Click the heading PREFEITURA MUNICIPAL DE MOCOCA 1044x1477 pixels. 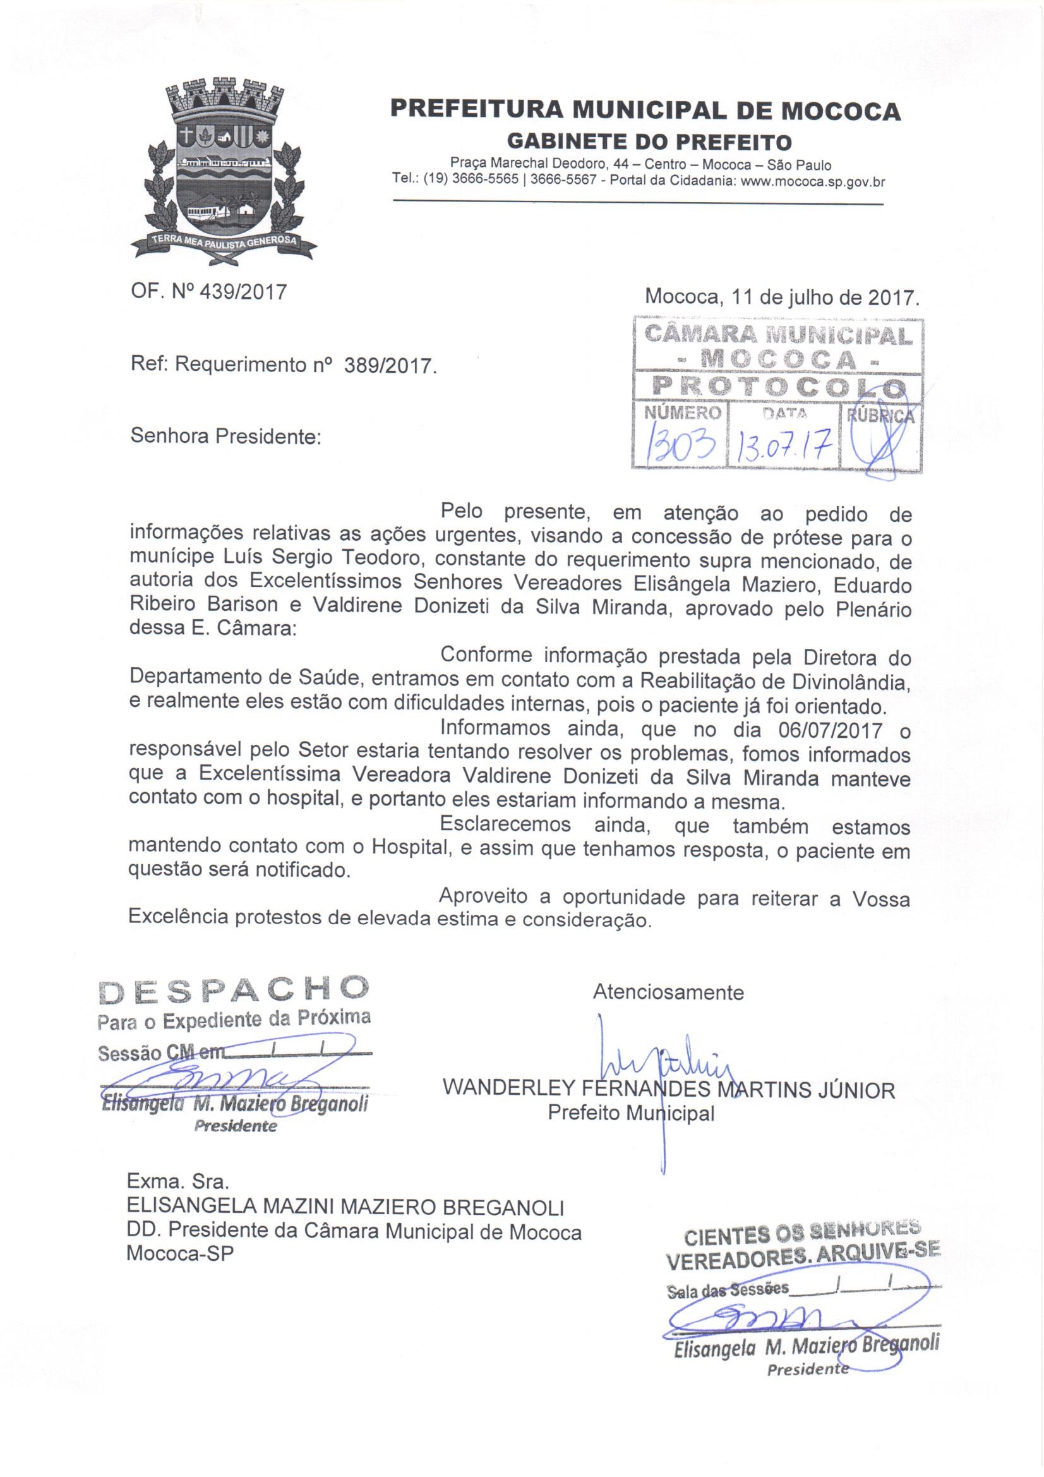(x=646, y=111)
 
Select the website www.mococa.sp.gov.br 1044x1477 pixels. (x=813, y=181)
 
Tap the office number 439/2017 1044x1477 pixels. (x=244, y=292)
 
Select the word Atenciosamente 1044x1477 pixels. (x=668, y=992)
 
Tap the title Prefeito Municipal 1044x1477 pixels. (x=631, y=1113)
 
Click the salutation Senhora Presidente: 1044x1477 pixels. (x=225, y=436)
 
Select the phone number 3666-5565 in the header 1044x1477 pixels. (x=486, y=181)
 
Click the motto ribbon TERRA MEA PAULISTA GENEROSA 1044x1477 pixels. (x=223, y=241)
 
